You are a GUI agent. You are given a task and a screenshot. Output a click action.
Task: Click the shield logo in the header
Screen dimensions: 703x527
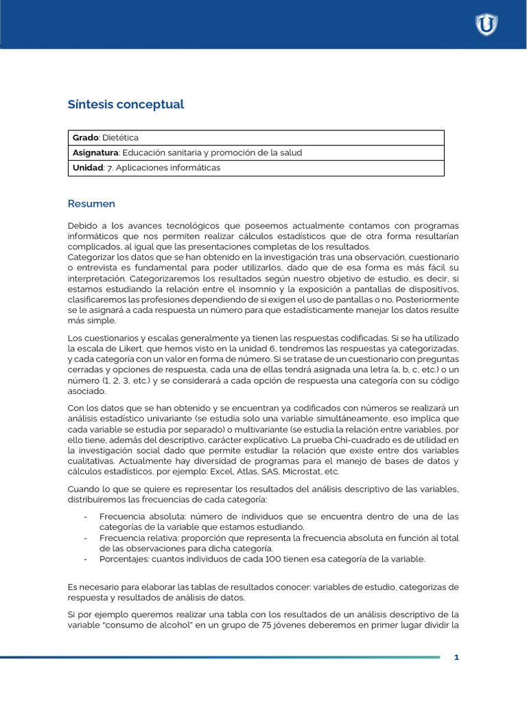[x=487, y=25]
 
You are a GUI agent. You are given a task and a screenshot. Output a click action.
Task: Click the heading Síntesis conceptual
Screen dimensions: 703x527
[x=126, y=104]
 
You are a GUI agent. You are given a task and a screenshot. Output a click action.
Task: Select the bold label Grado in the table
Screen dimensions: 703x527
[x=86, y=138]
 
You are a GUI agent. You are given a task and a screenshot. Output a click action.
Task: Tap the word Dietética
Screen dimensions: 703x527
[x=121, y=138]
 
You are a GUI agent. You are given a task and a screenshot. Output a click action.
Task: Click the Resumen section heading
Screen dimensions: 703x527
[x=91, y=204]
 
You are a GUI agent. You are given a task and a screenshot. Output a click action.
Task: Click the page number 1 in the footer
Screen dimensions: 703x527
[x=456, y=658]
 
